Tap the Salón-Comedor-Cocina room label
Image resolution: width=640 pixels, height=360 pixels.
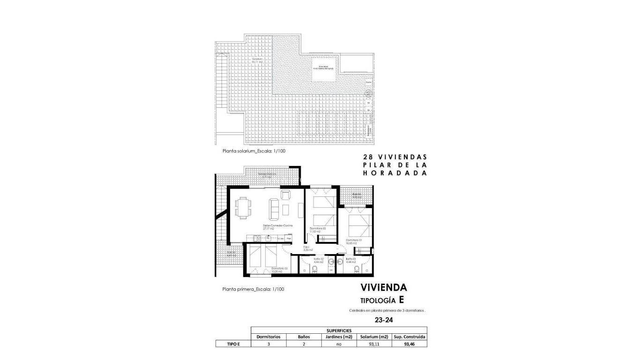click(277, 226)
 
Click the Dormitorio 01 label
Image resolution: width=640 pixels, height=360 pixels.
click(354, 240)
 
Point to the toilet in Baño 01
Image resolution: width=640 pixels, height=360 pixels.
click(357, 269)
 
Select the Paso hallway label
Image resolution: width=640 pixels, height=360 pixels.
click(306, 247)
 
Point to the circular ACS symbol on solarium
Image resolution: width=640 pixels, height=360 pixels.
click(368, 93)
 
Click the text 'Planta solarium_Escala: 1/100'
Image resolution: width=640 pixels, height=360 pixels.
click(253, 151)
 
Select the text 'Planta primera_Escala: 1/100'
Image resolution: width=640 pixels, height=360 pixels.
click(253, 289)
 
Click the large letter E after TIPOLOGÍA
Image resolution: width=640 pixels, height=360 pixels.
click(401, 300)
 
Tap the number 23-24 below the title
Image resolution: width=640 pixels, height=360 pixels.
click(384, 321)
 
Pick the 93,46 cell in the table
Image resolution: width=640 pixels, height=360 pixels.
click(409, 344)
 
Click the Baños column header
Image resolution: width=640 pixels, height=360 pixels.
click(304, 337)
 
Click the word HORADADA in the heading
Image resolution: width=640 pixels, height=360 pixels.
click(395, 173)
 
